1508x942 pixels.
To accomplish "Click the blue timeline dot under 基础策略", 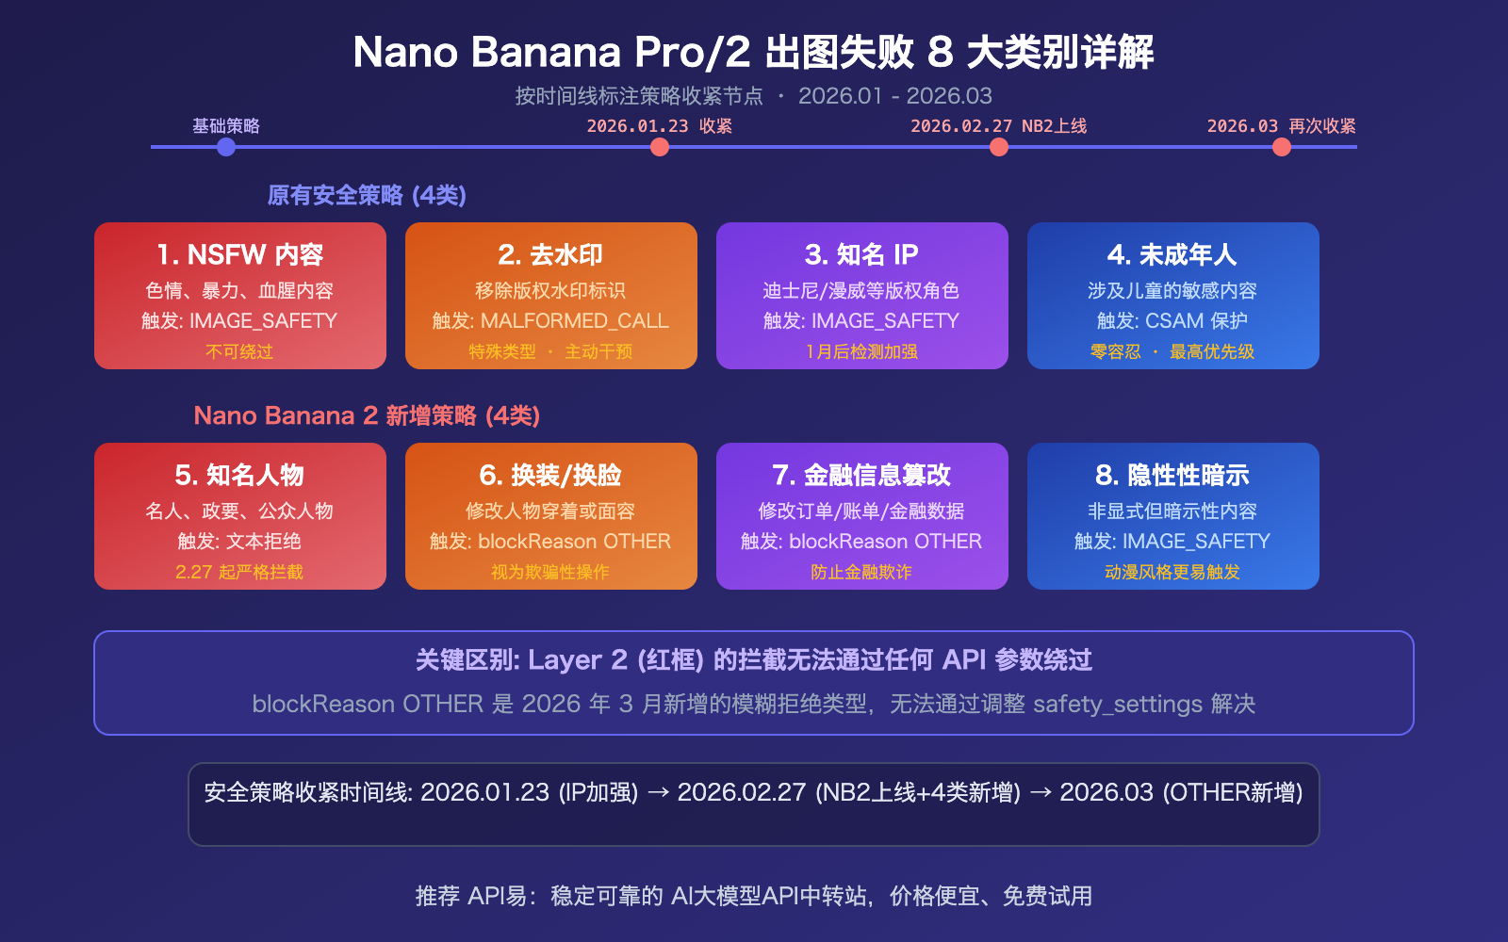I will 226,147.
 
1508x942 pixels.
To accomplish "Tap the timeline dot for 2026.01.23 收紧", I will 660,147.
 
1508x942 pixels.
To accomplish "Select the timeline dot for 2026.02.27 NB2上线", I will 999,147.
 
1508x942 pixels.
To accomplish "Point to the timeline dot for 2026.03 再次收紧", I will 1282,147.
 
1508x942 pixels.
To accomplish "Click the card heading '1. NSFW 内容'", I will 240,254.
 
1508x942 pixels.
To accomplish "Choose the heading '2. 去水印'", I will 550,254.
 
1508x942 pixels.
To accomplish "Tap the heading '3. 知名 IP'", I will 861,254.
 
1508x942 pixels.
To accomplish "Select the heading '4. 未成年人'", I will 1172,254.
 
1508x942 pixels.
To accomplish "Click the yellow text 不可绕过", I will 239,351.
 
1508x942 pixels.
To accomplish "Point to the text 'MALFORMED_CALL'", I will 575,321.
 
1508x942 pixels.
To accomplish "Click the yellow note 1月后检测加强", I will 861,351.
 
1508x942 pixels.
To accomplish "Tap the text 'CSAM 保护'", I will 1197,321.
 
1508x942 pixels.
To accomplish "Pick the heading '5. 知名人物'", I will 239,475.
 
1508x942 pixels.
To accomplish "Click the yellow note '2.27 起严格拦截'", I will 239,572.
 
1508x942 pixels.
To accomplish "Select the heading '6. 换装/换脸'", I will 550,475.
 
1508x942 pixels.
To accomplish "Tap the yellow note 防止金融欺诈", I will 861,572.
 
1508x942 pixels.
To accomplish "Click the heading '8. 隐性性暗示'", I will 1172,475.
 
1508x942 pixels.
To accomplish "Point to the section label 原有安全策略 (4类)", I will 367,195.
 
